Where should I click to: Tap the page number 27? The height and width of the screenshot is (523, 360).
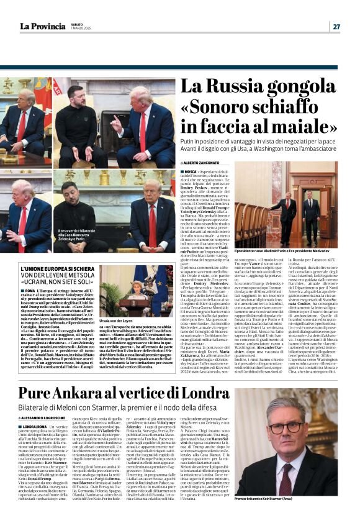point(336,26)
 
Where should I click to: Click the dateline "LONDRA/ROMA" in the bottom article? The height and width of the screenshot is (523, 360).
point(34,426)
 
